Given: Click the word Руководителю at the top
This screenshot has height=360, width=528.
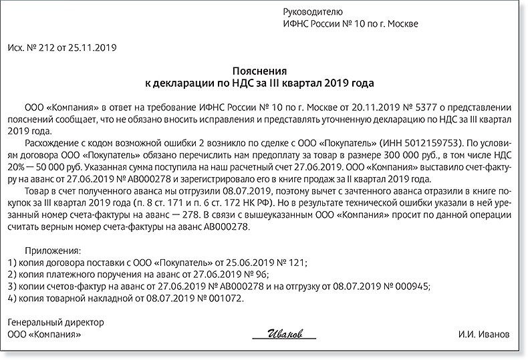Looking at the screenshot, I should pos(313,11).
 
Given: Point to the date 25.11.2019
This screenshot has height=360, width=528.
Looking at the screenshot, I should pos(94,48).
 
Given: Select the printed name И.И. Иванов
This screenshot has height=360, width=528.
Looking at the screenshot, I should pos(485,333).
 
